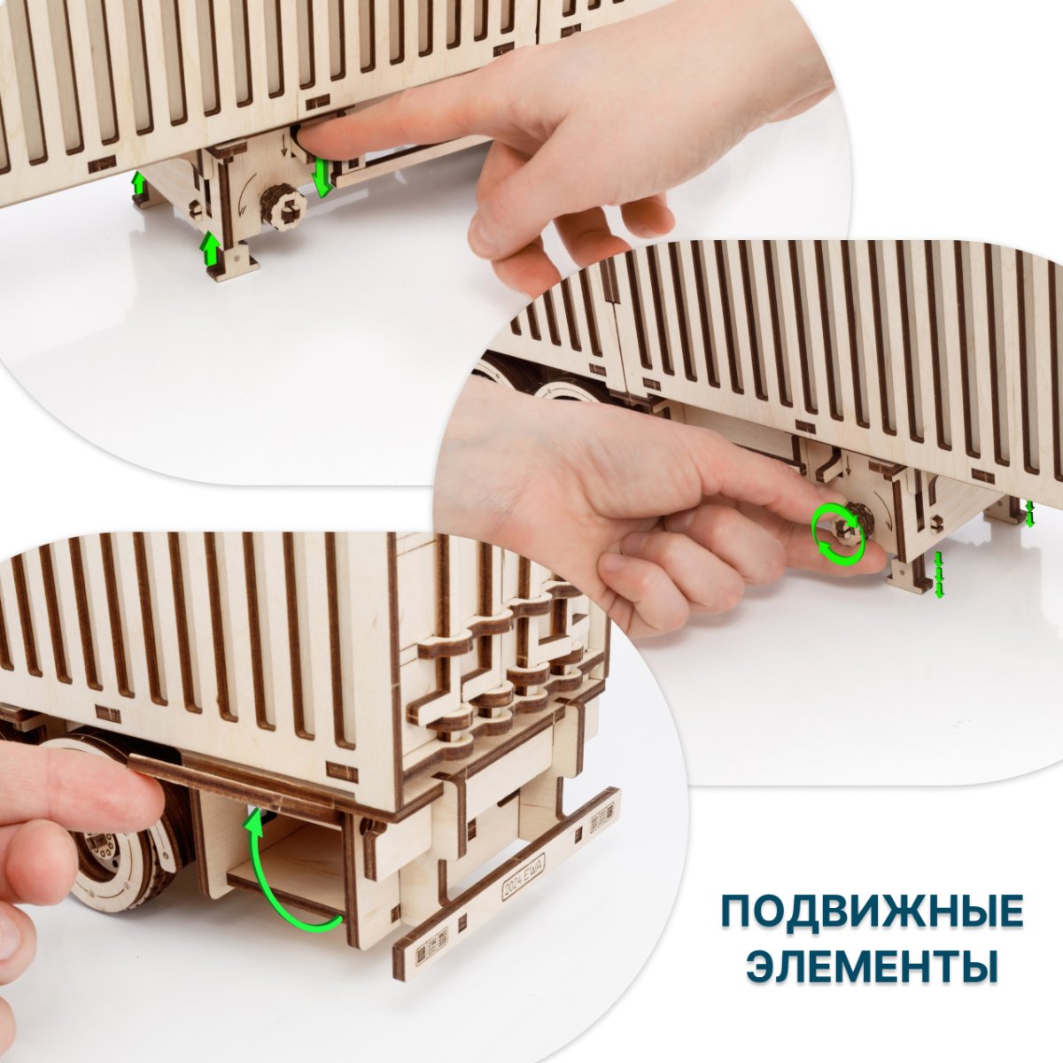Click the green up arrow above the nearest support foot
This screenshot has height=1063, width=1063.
click(x=211, y=248)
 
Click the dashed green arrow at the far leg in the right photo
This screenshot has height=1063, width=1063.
click(x=1030, y=513)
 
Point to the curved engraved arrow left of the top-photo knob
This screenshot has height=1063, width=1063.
click(x=241, y=198)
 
